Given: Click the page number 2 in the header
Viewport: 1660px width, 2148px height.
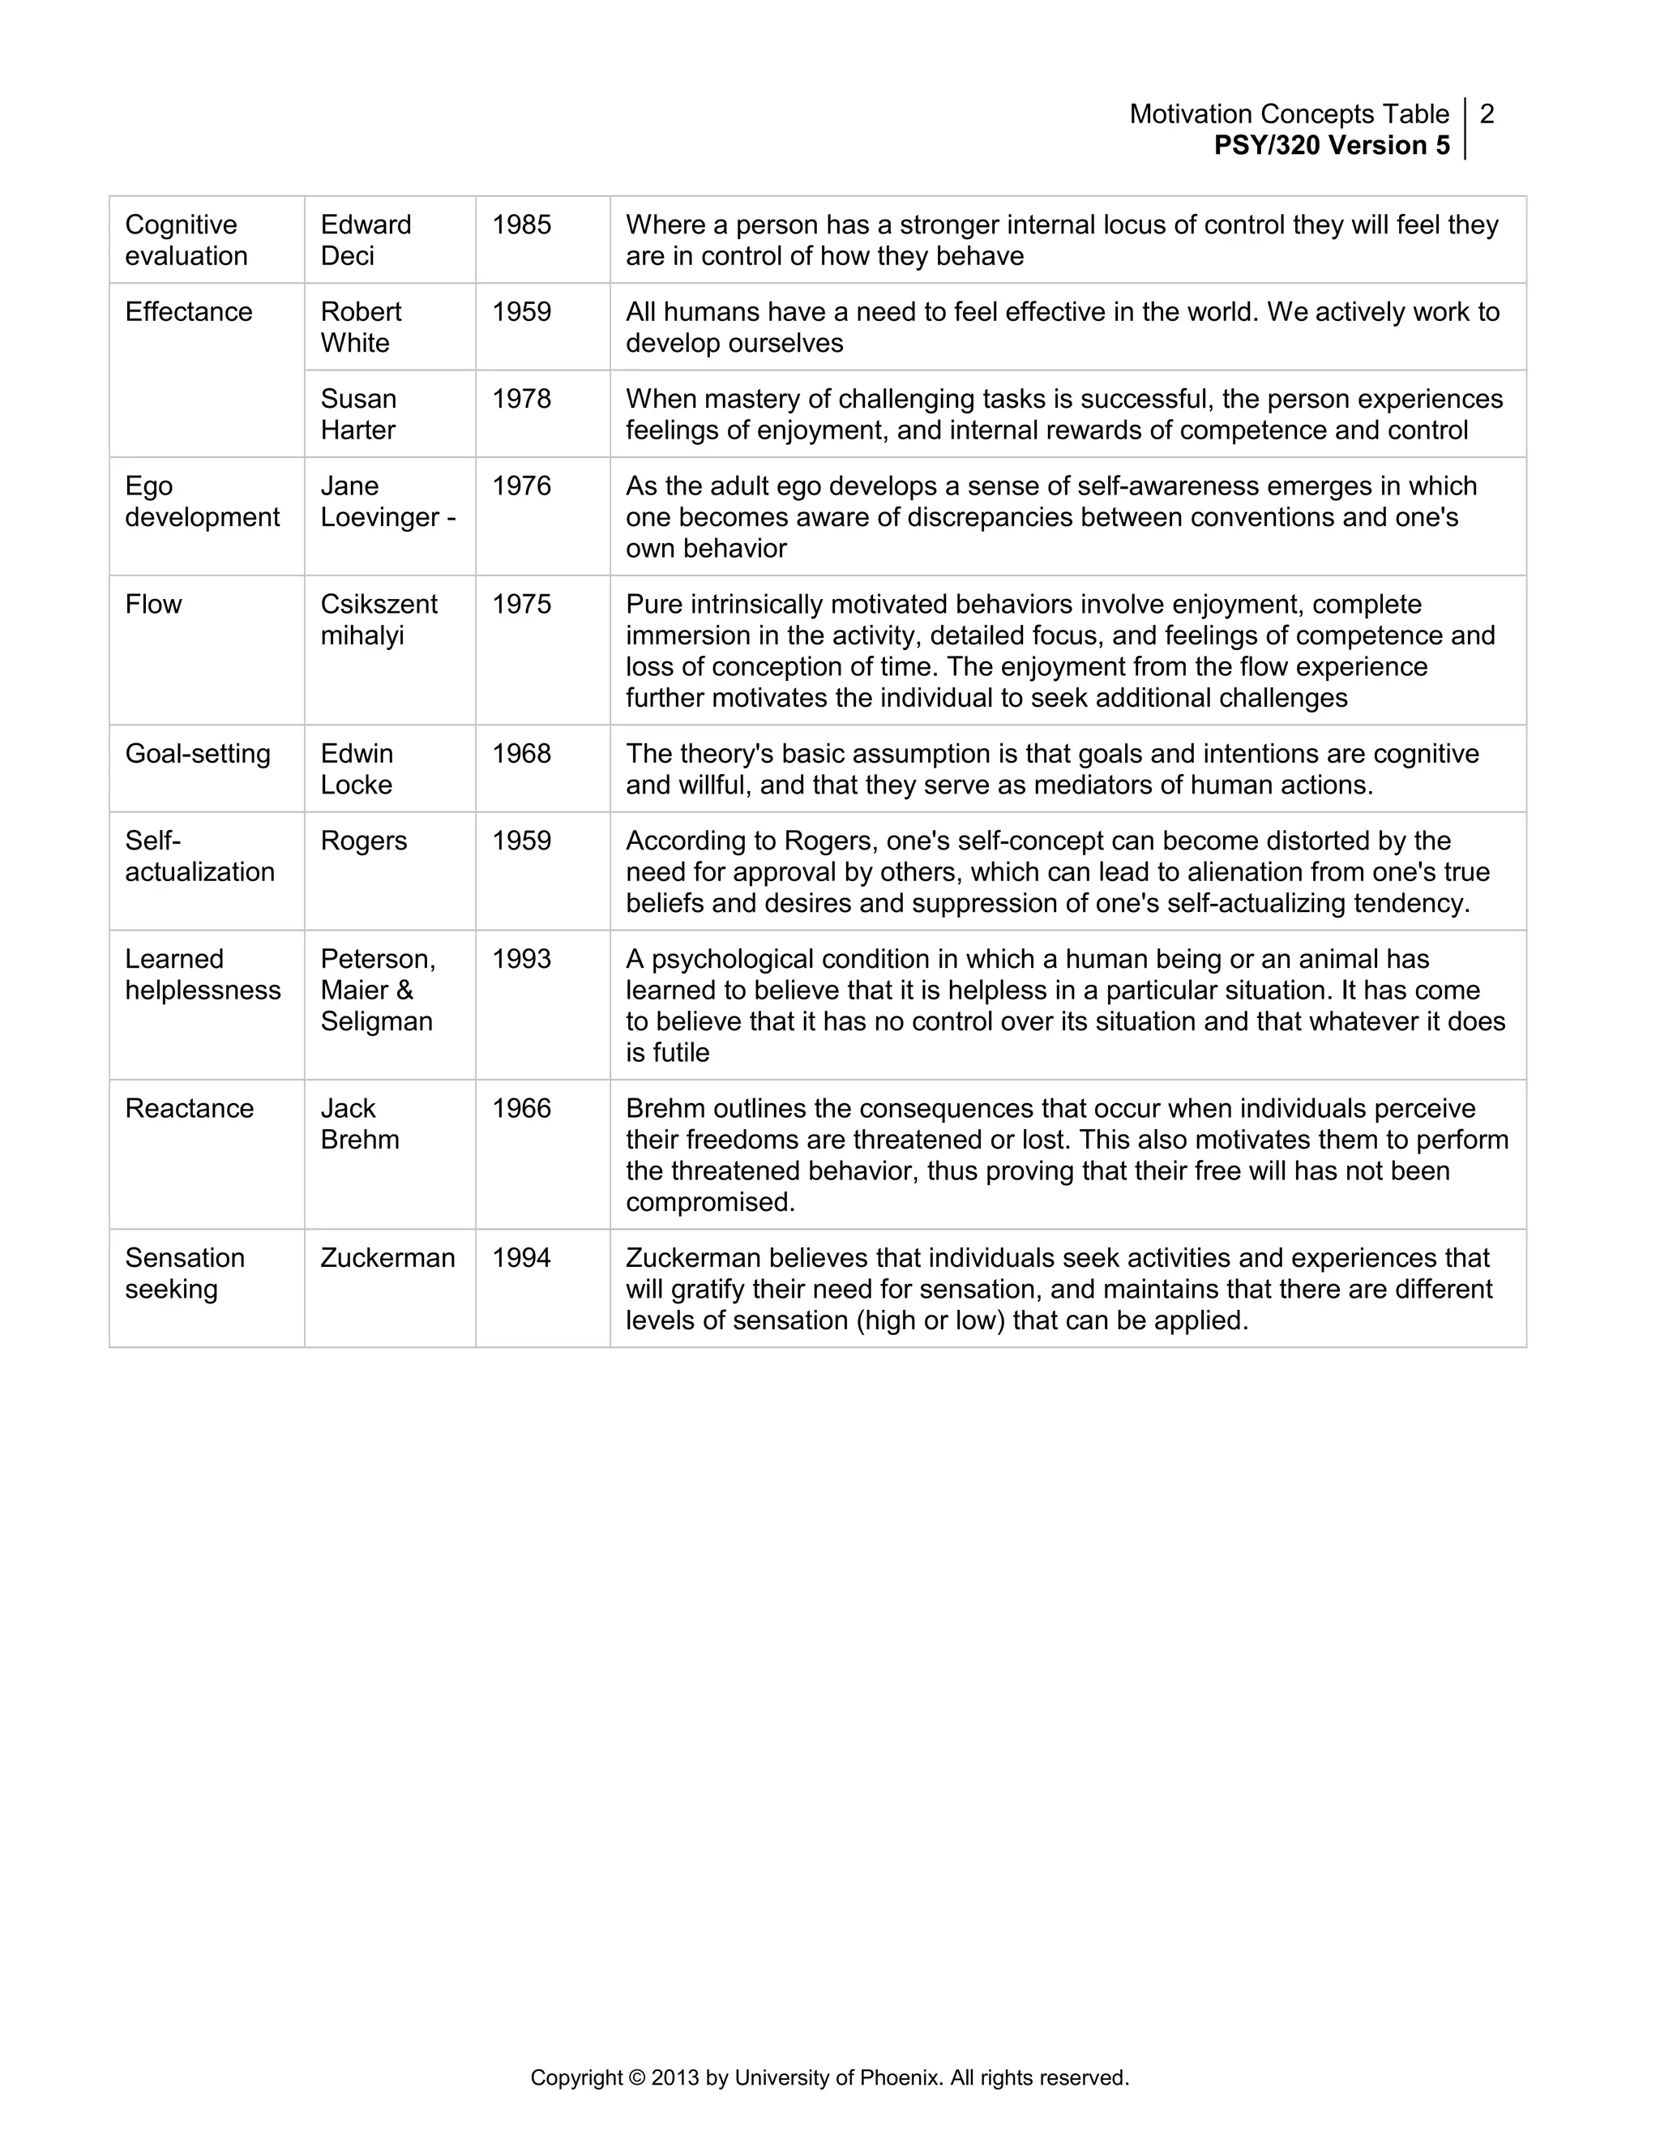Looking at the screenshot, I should [x=1486, y=114].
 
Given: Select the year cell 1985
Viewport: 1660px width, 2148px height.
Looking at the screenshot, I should [x=521, y=225].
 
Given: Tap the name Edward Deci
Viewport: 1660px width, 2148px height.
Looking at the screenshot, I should [x=365, y=240].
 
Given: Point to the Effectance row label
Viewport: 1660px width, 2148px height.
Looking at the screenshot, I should [x=188, y=312].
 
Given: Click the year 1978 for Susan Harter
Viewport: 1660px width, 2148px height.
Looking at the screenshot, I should [x=521, y=400].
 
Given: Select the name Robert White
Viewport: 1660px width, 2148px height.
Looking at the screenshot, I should [x=360, y=327].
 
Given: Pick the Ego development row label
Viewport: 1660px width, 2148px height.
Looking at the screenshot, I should [x=202, y=502].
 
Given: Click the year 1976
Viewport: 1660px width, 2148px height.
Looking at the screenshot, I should [x=521, y=486].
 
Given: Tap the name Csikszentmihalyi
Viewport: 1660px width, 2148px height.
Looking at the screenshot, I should [x=378, y=619].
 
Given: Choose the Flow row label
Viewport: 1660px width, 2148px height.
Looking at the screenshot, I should [x=153, y=604].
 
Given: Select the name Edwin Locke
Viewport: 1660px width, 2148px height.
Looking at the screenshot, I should [x=356, y=769].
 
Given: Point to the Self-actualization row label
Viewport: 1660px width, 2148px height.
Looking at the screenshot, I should [x=199, y=857].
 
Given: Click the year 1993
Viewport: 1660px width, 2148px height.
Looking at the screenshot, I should [x=521, y=960].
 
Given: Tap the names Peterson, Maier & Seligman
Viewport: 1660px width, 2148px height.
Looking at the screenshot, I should [x=377, y=991].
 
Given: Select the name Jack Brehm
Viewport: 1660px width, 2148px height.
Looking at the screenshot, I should [x=359, y=1124].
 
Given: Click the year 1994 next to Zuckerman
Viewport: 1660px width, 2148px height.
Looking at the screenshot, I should [x=521, y=1259].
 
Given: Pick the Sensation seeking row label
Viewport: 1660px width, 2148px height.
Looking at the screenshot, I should [x=184, y=1273].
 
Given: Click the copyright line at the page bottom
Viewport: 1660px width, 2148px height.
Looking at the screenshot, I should [x=829, y=2078].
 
